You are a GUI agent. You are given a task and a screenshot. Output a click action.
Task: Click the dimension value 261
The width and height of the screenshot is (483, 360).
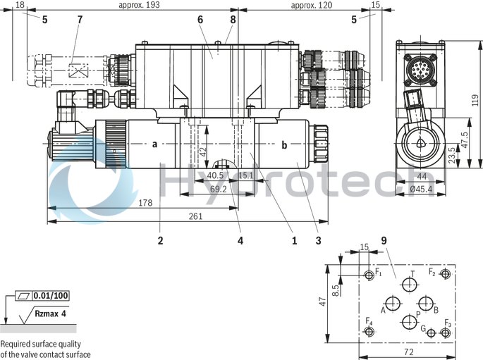pyautogui.click(x=195, y=216)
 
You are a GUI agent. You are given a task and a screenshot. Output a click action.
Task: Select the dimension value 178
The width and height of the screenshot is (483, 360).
pyautogui.click(x=145, y=203)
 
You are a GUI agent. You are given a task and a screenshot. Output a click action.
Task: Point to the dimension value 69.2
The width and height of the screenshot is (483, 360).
pyautogui.click(x=219, y=189)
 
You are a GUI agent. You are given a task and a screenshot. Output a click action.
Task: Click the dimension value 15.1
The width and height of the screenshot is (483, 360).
pyautogui.click(x=246, y=175)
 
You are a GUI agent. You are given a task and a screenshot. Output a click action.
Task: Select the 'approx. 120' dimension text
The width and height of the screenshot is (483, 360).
pyautogui.click(x=311, y=5)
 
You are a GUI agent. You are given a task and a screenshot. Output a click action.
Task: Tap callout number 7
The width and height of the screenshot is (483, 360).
pyautogui.click(x=79, y=19)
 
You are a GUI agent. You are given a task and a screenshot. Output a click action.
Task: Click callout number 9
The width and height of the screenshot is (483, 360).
pyautogui.click(x=384, y=240)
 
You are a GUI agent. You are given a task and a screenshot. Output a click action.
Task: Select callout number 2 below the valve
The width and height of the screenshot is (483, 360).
pyautogui.click(x=160, y=240)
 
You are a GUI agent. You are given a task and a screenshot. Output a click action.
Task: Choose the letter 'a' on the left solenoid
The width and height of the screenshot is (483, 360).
pyautogui.click(x=154, y=144)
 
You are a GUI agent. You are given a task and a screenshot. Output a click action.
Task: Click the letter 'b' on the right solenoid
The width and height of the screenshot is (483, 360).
pyautogui.click(x=284, y=145)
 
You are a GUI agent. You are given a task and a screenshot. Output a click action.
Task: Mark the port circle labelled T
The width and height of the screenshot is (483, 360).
pyautogui.click(x=409, y=285)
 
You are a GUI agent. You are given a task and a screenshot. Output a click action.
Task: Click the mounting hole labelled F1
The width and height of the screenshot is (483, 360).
pyautogui.click(x=368, y=274)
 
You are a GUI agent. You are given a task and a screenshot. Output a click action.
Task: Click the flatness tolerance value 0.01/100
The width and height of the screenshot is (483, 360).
pyautogui.click(x=51, y=295)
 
